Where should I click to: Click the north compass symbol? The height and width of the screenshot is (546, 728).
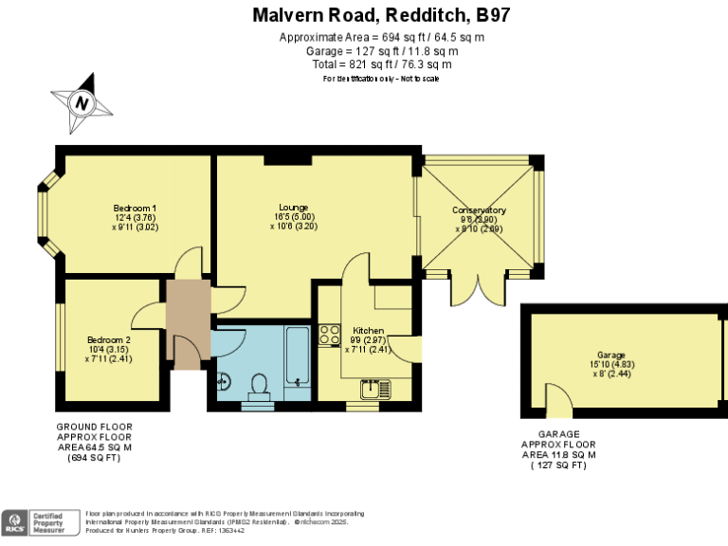point(82,102)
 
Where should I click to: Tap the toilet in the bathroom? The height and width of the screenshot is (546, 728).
point(257,384)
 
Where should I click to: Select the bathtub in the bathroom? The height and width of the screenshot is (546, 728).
point(296,357)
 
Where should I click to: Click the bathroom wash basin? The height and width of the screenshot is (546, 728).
point(224,382)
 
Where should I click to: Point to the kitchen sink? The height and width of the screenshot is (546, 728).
point(370,389)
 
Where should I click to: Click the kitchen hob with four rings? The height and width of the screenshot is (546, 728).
point(330,334)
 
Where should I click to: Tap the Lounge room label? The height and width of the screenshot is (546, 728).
point(293,208)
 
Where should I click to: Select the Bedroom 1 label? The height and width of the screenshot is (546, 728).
point(135,208)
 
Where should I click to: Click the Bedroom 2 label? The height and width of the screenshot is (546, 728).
point(108,339)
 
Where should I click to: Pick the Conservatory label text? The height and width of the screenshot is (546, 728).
point(479,209)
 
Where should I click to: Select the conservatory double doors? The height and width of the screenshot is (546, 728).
point(479,290)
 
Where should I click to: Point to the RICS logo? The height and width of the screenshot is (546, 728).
point(15,521)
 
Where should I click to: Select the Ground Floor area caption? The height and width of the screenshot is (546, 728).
point(94,442)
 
